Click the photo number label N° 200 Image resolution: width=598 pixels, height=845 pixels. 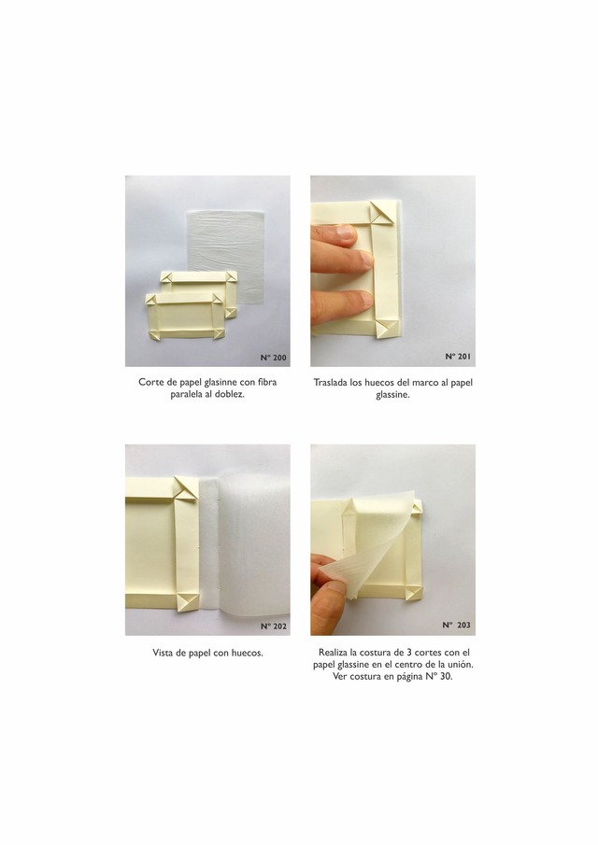[x=274, y=358]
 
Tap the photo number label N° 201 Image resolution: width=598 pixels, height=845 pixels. [x=458, y=357]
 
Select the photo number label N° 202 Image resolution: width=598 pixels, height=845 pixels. [x=274, y=627]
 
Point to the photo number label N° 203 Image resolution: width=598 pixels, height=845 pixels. [x=456, y=626]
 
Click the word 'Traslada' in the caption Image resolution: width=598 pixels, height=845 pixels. [x=331, y=382]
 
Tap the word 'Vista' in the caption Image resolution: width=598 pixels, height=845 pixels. [x=164, y=653]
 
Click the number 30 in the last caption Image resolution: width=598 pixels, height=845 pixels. [x=446, y=676]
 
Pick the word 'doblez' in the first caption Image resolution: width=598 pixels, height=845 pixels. [x=230, y=394]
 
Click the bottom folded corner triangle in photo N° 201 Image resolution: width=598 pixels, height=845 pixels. [x=386, y=328]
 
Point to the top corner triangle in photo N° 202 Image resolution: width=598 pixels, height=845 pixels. [x=186, y=488]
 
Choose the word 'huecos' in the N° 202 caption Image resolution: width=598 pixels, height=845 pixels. [x=247, y=653]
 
